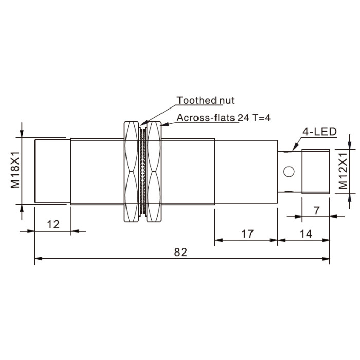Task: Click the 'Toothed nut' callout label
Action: coord(205,100)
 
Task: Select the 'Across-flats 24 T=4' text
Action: coord(224,118)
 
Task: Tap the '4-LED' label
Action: coord(319,132)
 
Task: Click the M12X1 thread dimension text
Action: coord(344,171)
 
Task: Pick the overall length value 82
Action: coord(181,252)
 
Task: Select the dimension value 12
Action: coord(53,224)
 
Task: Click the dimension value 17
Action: coord(247,234)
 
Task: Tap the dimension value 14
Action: coord(306,234)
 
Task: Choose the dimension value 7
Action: coord(317,210)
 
